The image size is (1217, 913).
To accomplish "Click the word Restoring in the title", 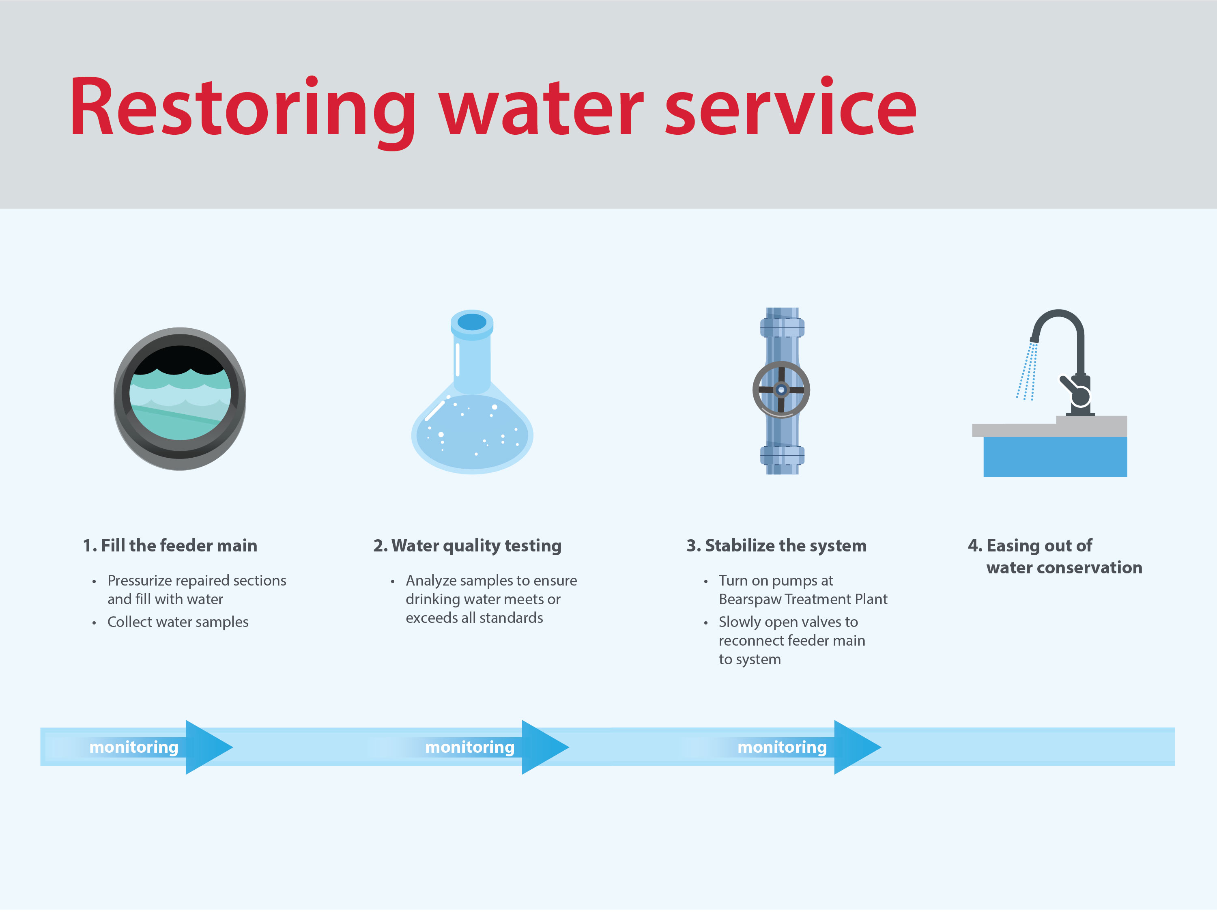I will coord(242,107).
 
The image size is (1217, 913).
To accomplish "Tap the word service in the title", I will coord(791,107).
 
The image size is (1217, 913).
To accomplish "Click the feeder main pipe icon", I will coord(179,399).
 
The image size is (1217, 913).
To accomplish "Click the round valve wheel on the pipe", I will coord(781,390).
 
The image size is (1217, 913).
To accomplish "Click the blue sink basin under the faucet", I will coord(1055,457).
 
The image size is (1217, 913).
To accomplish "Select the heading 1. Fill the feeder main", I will coord(170,546).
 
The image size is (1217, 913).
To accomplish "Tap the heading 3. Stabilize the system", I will coord(776,546).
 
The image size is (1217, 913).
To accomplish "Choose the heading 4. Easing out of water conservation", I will coord(1054,556).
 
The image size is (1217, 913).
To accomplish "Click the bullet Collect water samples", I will coord(178,622).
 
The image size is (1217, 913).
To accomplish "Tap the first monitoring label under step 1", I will coord(134,748).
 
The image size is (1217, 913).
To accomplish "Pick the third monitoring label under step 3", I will coord(782,748).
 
